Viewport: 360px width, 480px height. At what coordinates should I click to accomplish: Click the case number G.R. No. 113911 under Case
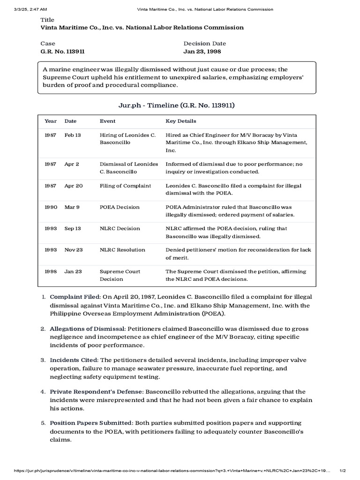click(x=63, y=52)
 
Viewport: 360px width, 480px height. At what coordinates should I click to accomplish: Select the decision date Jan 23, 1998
click(x=202, y=52)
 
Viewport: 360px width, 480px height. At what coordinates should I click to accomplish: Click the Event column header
click(x=107, y=121)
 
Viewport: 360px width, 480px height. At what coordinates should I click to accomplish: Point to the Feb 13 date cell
click(x=73, y=135)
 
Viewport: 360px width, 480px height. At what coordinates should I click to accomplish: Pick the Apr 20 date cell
click(x=74, y=186)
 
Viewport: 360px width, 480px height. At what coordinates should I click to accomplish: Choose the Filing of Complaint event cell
click(x=126, y=186)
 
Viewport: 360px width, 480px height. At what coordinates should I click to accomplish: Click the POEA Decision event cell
click(x=119, y=207)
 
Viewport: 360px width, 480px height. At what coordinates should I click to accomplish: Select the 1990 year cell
click(x=51, y=207)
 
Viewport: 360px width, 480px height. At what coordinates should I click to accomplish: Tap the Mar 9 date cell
click(x=72, y=207)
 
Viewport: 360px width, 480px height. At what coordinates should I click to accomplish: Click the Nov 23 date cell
click(x=74, y=250)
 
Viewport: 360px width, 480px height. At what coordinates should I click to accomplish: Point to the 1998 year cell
click(x=51, y=271)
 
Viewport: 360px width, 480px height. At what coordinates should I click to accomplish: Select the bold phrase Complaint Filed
click(x=75, y=297)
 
